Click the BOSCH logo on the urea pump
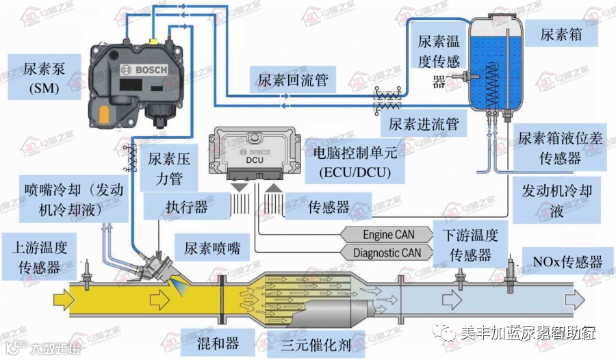click(139, 69)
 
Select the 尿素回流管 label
click(293, 80)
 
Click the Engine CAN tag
click(388, 235)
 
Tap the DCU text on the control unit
click(255, 161)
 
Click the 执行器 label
click(186, 206)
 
